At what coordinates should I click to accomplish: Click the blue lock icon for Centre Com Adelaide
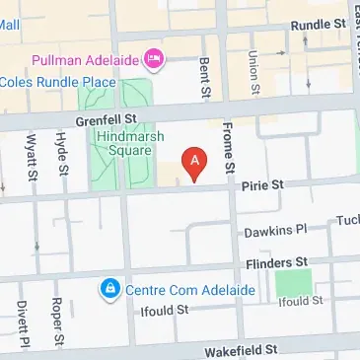pyautogui.click(x=108, y=289)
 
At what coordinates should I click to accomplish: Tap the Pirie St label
pyautogui.click(x=263, y=184)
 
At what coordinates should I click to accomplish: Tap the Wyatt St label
pyautogui.click(x=33, y=153)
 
